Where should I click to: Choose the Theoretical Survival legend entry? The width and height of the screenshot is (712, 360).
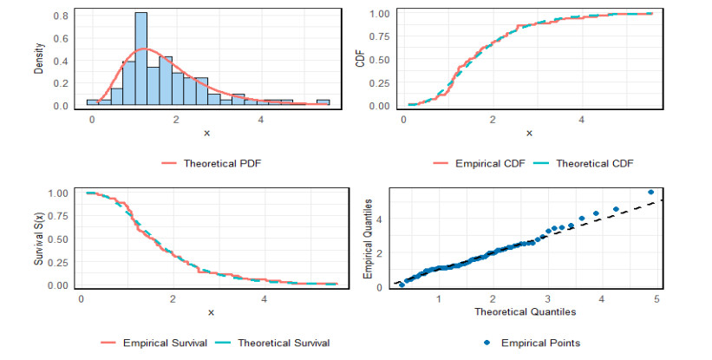281,343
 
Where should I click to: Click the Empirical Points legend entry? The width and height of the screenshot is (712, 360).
545,343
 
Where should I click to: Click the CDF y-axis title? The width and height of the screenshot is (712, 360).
361,59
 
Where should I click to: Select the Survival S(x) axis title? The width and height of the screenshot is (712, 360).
39,238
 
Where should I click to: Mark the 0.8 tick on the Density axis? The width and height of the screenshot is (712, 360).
62,16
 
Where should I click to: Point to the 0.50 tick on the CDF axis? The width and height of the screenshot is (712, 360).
382,60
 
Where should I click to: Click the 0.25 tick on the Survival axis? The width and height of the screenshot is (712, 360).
60,262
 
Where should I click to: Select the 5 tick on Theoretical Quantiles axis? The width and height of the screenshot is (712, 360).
656,299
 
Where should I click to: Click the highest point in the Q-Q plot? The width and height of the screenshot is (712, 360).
650,192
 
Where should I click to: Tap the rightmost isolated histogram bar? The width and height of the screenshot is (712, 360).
323,102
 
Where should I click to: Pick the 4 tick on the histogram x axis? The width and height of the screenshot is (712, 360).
261,118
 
